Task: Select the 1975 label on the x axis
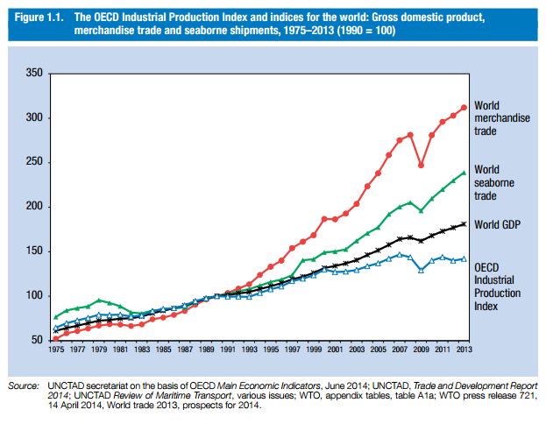[x=55, y=349]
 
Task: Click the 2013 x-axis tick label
[x=463, y=349]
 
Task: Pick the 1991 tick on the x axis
[x=227, y=349]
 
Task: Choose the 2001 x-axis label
[x=334, y=349]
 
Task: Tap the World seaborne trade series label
[x=493, y=182]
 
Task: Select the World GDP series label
[x=497, y=225]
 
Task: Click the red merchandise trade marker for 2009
[x=421, y=165]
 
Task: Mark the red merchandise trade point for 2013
[x=464, y=108]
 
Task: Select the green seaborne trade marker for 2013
[x=464, y=173]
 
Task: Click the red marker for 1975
[x=55, y=338]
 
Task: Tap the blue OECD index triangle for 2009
[x=421, y=270]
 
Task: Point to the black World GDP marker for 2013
[x=464, y=223]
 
